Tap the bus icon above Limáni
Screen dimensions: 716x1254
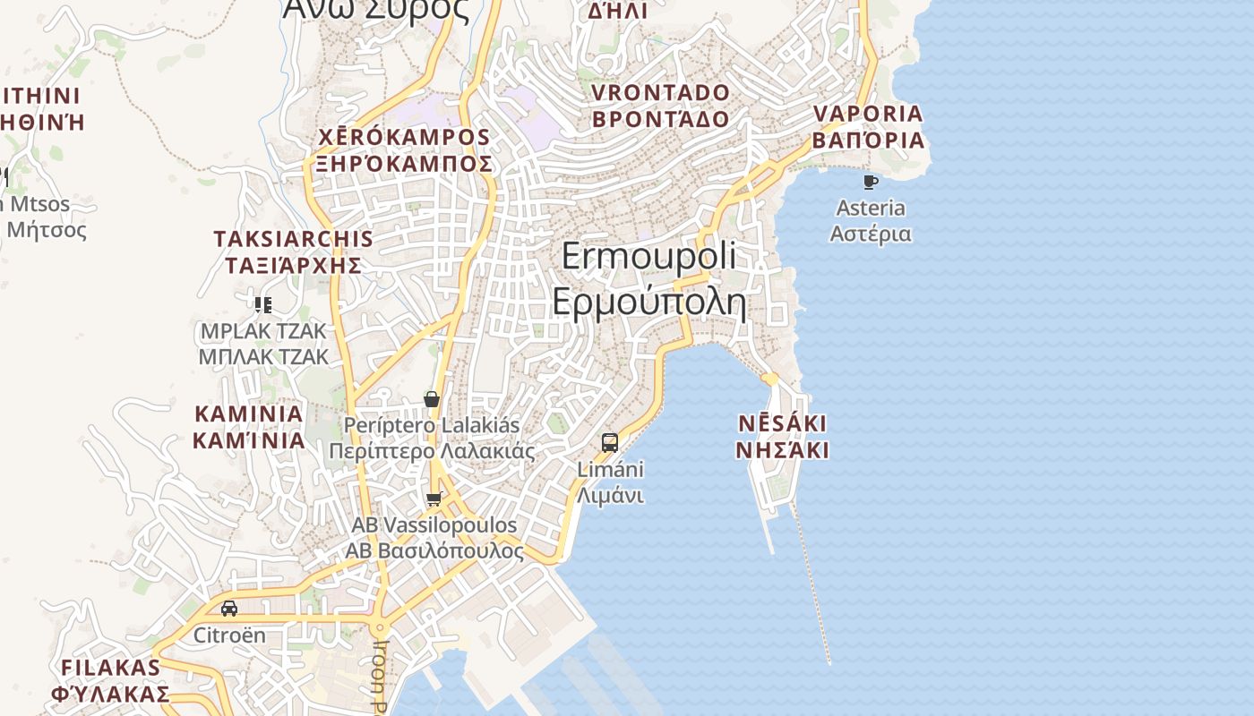(x=610, y=442)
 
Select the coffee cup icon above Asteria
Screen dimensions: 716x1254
(x=870, y=183)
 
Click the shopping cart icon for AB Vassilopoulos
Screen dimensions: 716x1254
(x=434, y=499)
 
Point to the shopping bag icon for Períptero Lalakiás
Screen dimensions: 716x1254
(x=432, y=399)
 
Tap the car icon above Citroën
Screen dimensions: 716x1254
(x=229, y=609)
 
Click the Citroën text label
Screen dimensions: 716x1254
(x=230, y=635)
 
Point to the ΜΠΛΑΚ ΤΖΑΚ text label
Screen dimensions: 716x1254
(x=263, y=356)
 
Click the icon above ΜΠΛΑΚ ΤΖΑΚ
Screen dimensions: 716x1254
(x=262, y=305)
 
